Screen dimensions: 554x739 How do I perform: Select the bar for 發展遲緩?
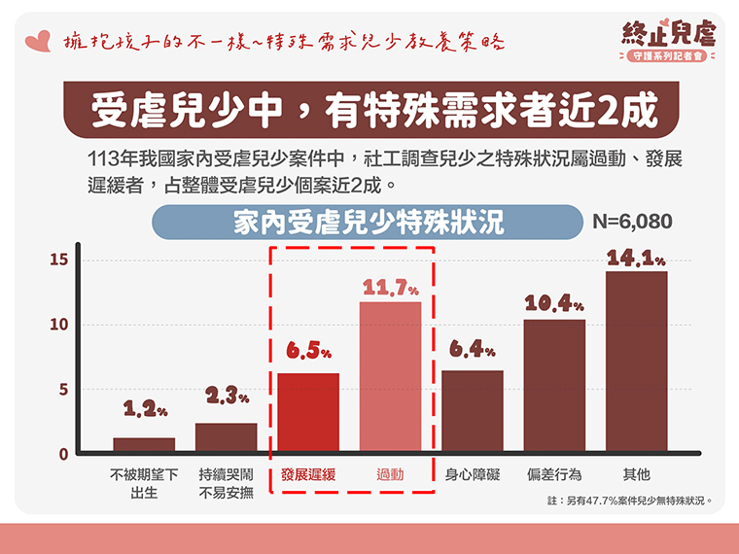pyautogui.click(x=308, y=413)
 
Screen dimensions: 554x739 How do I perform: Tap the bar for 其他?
pyautogui.click(x=636, y=362)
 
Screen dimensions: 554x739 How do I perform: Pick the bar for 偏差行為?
pyautogui.click(x=554, y=386)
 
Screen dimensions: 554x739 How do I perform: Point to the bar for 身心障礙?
pyautogui.click(x=473, y=412)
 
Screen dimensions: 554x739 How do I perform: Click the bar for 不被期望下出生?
pyautogui.click(x=144, y=445)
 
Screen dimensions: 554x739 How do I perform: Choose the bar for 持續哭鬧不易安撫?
pyautogui.click(x=227, y=437)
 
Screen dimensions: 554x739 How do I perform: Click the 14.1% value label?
pyautogui.click(x=636, y=260)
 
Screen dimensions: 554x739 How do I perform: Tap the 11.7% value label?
pyautogui.click(x=391, y=289)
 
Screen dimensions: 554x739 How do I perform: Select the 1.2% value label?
pyautogui.click(x=144, y=411)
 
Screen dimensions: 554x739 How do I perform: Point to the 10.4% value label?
pyautogui.click(x=554, y=304)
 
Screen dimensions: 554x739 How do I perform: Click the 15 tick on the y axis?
pyautogui.click(x=58, y=260)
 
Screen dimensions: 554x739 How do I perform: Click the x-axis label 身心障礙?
pyautogui.click(x=473, y=475)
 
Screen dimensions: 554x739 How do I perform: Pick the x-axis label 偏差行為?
pyautogui.click(x=554, y=475)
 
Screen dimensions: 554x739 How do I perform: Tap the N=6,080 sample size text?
pyautogui.click(x=632, y=222)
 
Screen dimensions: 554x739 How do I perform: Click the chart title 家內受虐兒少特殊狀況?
pyautogui.click(x=369, y=223)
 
